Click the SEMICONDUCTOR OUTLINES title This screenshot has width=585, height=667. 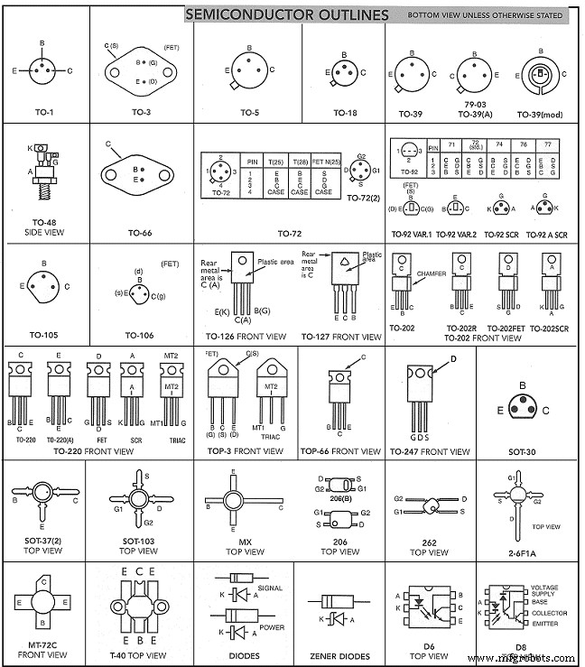point(287,14)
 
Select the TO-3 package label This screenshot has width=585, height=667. point(142,113)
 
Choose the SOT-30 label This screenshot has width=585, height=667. point(522,450)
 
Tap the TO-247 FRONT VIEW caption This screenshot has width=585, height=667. point(432,450)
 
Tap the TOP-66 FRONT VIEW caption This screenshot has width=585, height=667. point(339,450)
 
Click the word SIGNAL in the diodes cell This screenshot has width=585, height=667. point(270,588)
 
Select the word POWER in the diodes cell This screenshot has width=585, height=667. point(271,627)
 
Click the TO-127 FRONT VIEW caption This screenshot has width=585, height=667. point(339,336)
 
